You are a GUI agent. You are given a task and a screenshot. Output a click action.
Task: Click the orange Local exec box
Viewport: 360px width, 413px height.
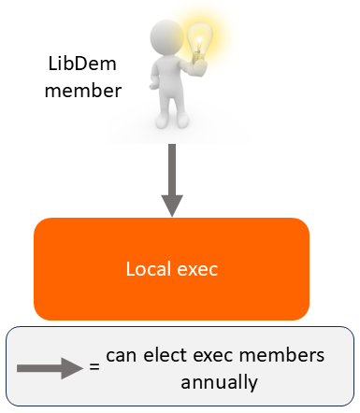pyautogui.click(x=171, y=269)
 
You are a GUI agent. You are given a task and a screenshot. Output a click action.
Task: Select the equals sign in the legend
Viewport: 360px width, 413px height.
pyautogui.click(x=94, y=367)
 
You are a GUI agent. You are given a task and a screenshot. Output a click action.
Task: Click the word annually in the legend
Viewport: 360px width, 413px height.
pyautogui.click(x=221, y=382)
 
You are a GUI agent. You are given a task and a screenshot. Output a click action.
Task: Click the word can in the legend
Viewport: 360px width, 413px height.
pyautogui.click(x=122, y=356)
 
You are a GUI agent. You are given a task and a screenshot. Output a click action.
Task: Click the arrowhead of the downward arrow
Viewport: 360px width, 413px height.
pyautogui.click(x=171, y=205)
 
